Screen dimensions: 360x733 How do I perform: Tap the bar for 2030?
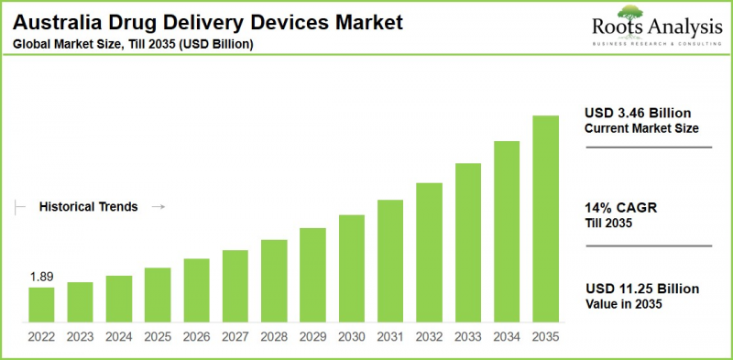pyautogui.click(x=352, y=267)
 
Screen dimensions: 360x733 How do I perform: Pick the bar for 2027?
pyautogui.click(x=235, y=285)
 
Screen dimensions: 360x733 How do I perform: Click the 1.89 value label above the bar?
pyautogui.click(x=40, y=277)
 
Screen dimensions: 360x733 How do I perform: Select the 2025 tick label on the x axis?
pyautogui.click(x=158, y=335)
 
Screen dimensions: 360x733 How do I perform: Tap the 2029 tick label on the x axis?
pyautogui.click(x=313, y=335)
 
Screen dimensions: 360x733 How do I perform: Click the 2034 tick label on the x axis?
pyautogui.click(x=508, y=335)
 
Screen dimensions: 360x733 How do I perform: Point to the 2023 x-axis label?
pyautogui.click(x=80, y=335)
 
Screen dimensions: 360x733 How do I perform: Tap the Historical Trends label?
pyautogui.click(x=88, y=207)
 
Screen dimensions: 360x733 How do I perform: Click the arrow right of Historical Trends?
pyautogui.click(x=158, y=207)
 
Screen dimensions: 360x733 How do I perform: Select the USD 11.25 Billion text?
pyautogui.click(x=641, y=289)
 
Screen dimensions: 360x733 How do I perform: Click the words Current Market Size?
pyautogui.click(x=641, y=128)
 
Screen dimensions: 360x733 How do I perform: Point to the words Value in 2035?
pyautogui.click(x=623, y=304)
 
